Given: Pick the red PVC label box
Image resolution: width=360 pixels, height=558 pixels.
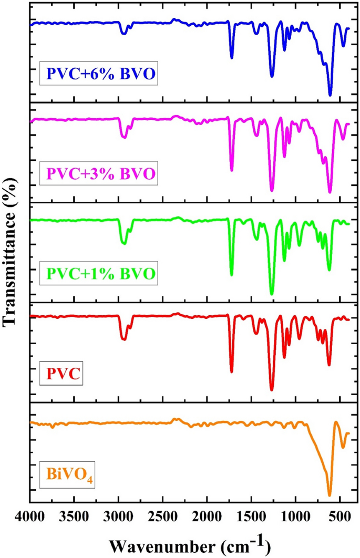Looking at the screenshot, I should pyautogui.click(x=64, y=374).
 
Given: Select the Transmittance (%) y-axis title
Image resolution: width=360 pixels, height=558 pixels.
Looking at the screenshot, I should pyautogui.click(x=10, y=253).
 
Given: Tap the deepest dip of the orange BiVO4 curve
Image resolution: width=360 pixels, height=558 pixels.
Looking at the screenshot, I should pyautogui.click(x=330, y=495).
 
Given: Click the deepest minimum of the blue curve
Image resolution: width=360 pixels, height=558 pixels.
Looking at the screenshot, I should pyautogui.click(x=330, y=95).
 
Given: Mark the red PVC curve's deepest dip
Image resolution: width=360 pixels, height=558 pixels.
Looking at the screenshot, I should pyautogui.click(x=272, y=390).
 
